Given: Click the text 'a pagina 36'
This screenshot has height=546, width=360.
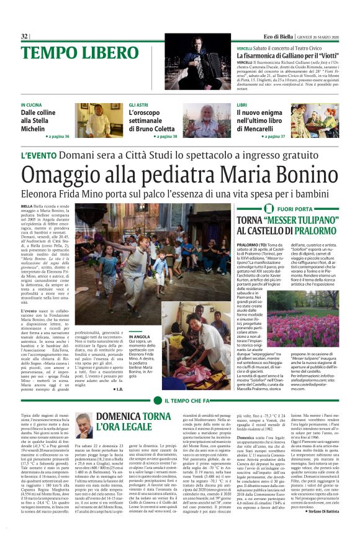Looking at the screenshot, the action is (x=57, y=135).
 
